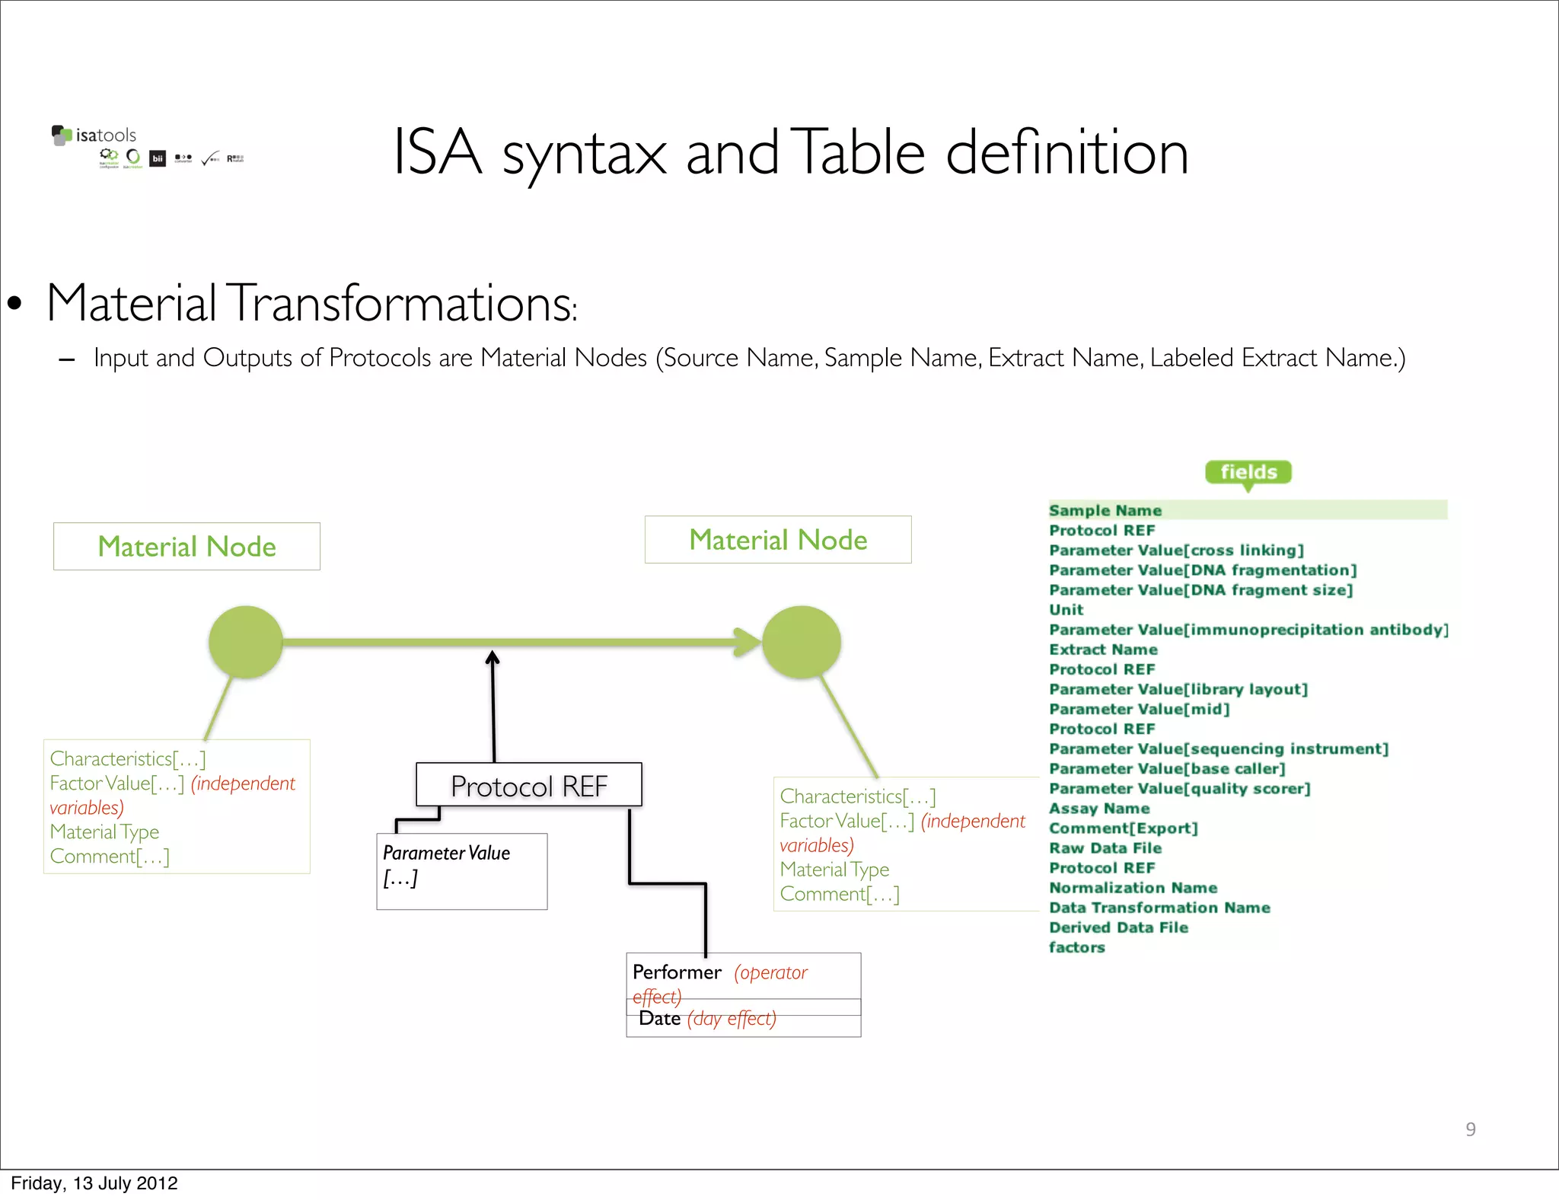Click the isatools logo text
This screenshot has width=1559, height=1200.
click(x=105, y=136)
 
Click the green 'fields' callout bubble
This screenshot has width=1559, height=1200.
click(x=1248, y=472)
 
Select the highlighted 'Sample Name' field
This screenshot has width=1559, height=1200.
click(x=1105, y=510)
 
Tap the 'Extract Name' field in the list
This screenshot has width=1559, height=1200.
click(x=1103, y=649)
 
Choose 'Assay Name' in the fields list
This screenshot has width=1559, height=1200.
click(x=1099, y=809)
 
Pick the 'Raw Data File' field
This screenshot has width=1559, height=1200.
click(x=1105, y=848)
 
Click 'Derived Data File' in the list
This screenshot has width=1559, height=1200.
click(x=1118, y=927)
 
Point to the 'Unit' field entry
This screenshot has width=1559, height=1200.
click(x=1066, y=610)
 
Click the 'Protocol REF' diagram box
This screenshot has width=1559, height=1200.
click(x=529, y=785)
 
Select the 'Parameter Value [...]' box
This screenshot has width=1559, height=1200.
click(x=461, y=870)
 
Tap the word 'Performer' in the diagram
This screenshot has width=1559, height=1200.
click(x=677, y=972)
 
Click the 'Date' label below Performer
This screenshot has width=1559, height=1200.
click(x=659, y=1019)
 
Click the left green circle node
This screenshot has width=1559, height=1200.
click(x=246, y=642)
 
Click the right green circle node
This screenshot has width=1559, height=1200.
click(x=802, y=642)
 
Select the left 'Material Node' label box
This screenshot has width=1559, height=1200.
click(x=187, y=547)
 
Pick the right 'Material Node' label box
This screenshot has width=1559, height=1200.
click(x=778, y=540)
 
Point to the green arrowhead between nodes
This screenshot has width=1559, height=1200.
click(x=747, y=642)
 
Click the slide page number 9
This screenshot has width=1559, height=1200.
click(x=1471, y=1129)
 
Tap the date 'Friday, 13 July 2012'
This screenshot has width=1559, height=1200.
click(x=94, y=1183)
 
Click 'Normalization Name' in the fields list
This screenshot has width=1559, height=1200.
click(x=1133, y=888)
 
